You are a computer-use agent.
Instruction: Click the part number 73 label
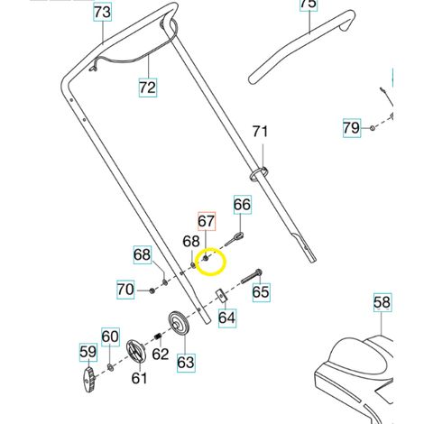point(103,13)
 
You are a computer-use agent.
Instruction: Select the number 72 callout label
point(148,88)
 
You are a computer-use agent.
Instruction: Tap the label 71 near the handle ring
point(260,132)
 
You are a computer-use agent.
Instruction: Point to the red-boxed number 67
point(207,221)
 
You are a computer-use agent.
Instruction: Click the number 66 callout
point(243,205)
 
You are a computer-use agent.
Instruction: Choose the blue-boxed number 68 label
point(143,254)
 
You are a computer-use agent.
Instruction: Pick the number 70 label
point(125,290)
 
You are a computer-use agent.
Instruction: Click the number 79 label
point(352,128)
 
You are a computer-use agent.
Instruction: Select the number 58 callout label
point(383,302)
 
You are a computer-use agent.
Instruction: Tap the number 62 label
point(161,354)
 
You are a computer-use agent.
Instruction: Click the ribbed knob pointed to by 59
point(88,380)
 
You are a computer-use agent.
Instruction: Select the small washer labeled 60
point(110,367)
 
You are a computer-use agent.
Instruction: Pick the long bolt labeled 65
point(252,277)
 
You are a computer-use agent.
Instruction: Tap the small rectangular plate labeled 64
point(221,296)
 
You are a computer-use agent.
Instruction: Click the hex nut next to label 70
point(152,290)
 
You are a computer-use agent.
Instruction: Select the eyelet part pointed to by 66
point(234,239)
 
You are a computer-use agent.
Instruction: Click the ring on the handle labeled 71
point(259,174)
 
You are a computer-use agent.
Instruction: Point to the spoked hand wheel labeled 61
point(136,351)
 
